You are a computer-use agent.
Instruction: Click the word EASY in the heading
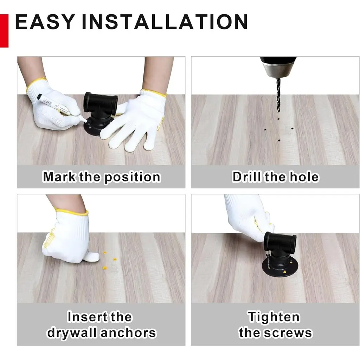click(45, 22)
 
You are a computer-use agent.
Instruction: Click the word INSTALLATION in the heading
click(165, 22)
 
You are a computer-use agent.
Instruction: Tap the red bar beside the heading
click(4, 31)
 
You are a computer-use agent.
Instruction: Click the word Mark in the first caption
click(59, 177)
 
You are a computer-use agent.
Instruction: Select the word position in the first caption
click(132, 178)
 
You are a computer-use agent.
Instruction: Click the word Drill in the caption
click(247, 177)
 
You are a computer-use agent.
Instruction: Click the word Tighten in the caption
click(274, 317)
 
